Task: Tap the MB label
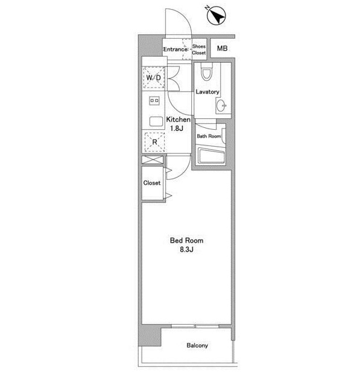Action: pyautogui.click(x=223, y=48)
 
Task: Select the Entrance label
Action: pyautogui.click(x=176, y=49)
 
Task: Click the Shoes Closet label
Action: pyautogui.click(x=199, y=49)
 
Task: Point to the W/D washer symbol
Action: pyautogui.click(x=153, y=78)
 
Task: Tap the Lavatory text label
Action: pyautogui.click(x=207, y=92)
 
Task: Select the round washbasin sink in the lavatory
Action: pyautogui.click(x=221, y=107)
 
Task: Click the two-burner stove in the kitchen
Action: pyautogui.click(x=153, y=100)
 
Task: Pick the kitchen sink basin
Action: pyautogui.click(x=154, y=120)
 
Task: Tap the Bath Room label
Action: pyautogui.click(x=209, y=136)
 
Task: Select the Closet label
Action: pyautogui.click(x=152, y=183)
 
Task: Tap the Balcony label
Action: pyautogui.click(x=197, y=346)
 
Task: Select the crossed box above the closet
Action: pyautogui.click(x=152, y=161)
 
